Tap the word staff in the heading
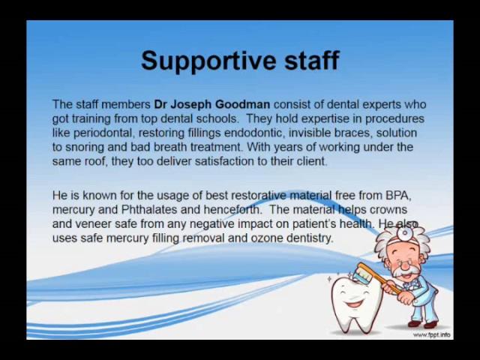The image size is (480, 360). coord(312,60)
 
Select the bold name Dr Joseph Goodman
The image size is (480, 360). coord(211,105)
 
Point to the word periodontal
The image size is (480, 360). coord(103,133)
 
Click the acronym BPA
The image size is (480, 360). coord(398,195)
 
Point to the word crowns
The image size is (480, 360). coord(388,210)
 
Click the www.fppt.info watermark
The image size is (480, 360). coord(432,335)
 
